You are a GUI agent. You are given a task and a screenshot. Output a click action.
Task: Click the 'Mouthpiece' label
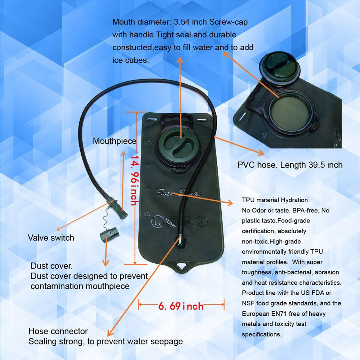(114, 141)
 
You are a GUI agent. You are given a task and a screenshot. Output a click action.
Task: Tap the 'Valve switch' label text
(51, 238)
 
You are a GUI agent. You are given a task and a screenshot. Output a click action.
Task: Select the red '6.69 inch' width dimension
(181, 306)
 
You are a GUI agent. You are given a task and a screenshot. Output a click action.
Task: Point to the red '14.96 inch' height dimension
(135, 180)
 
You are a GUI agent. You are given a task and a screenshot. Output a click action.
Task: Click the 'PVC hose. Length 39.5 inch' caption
(290, 165)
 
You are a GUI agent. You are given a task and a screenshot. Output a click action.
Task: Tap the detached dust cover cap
(109, 234)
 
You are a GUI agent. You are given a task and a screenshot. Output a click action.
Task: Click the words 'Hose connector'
(58, 331)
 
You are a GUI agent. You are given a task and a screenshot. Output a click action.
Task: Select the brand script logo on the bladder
(179, 192)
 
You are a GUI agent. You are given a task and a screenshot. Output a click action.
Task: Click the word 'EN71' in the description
(279, 314)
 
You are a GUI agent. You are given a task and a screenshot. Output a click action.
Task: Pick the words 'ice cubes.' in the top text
(131, 60)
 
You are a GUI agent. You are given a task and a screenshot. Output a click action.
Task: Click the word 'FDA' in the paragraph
(318, 293)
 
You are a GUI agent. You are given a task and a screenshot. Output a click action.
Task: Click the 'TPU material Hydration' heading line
(275, 200)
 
